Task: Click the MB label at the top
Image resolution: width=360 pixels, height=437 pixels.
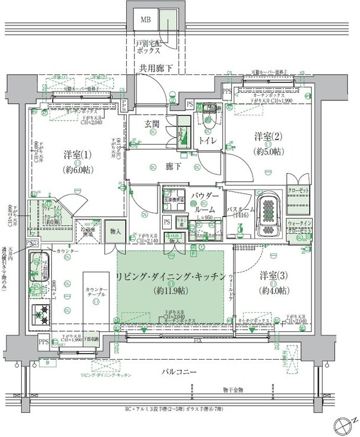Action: point(145,19)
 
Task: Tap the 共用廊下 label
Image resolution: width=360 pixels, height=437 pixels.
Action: point(156,69)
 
